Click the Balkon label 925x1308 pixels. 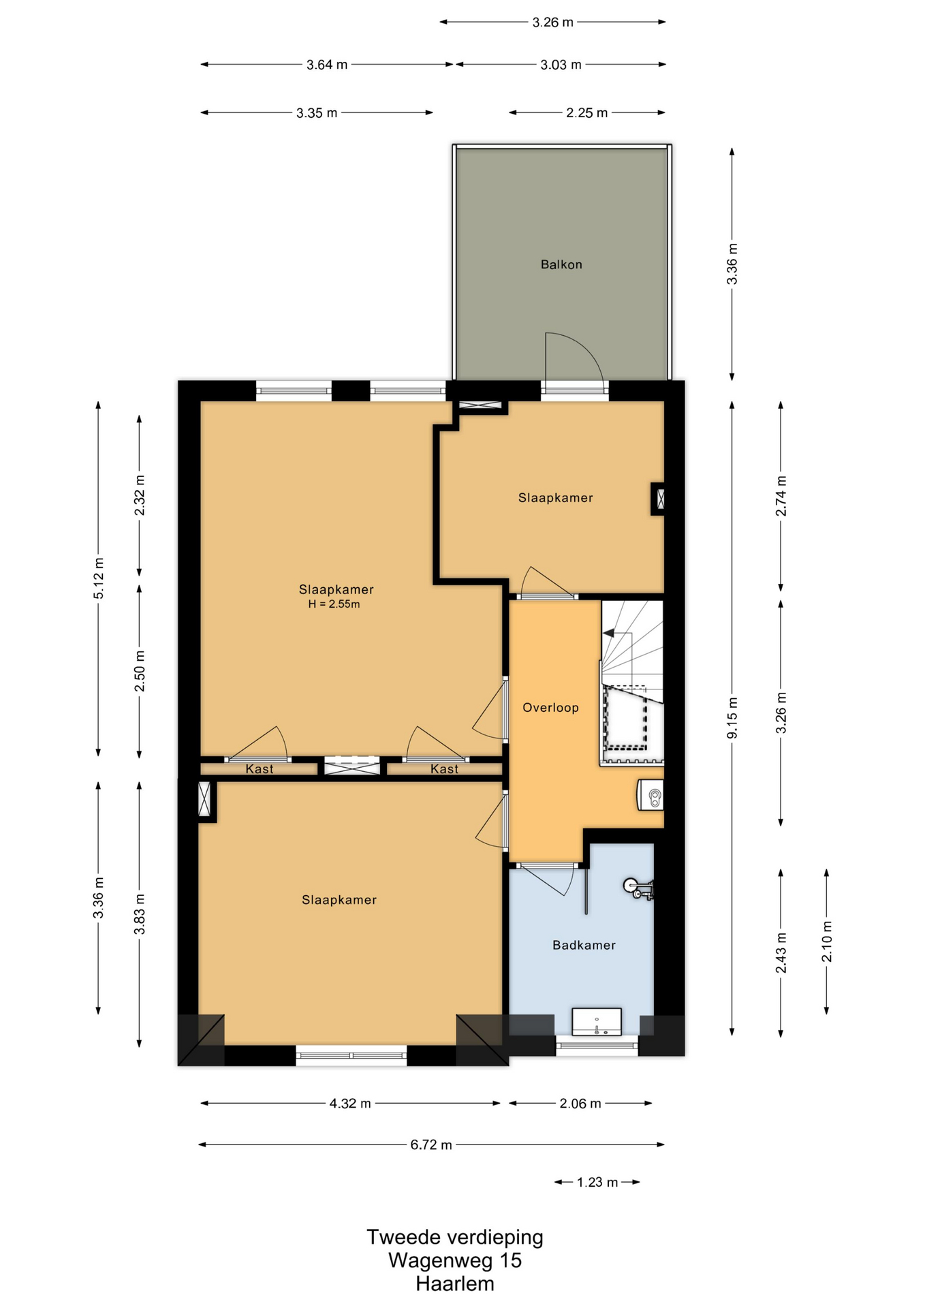pyautogui.click(x=561, y=264)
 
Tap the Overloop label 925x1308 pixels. pyautogui.click(x=550, y=708)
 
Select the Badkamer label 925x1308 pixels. pyautogui.click(x=584, y=945)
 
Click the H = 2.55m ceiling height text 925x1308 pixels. pyautogui.click(x=334, y=604)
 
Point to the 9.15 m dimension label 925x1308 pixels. pyautogui.click(x=732, y=718)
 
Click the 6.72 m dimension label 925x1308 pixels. pyautogui.click(x=431, y=1144)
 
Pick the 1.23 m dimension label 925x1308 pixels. pyautogui.click(x=597, y=1182)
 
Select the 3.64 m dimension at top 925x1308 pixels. pyautogui.click(x=327, y=65)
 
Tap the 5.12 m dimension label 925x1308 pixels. pyautogui.click(x=99, y=578)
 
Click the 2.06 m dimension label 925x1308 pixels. pyautogui.click(x=580, y=1103)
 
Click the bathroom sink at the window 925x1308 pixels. pyautogui.click(x=597, y=1021)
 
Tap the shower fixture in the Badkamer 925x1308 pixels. pyautogui.click(x=639, y=888)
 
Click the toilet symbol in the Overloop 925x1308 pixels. pyautogui.click(x=650, y=795)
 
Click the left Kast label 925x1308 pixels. pyautogui.click(x=260, y=769)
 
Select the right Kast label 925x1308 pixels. pyautogui.click(x=444, y=769)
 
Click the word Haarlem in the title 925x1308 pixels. pyautogui.click(x=455, y=1284)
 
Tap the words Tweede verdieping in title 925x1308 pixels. pyautogui.click(x=455, y=1237)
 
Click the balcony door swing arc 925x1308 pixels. pyautogui.click(x=583, y=347)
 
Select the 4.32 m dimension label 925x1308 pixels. pyautogui.click(x=350, y=1103)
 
